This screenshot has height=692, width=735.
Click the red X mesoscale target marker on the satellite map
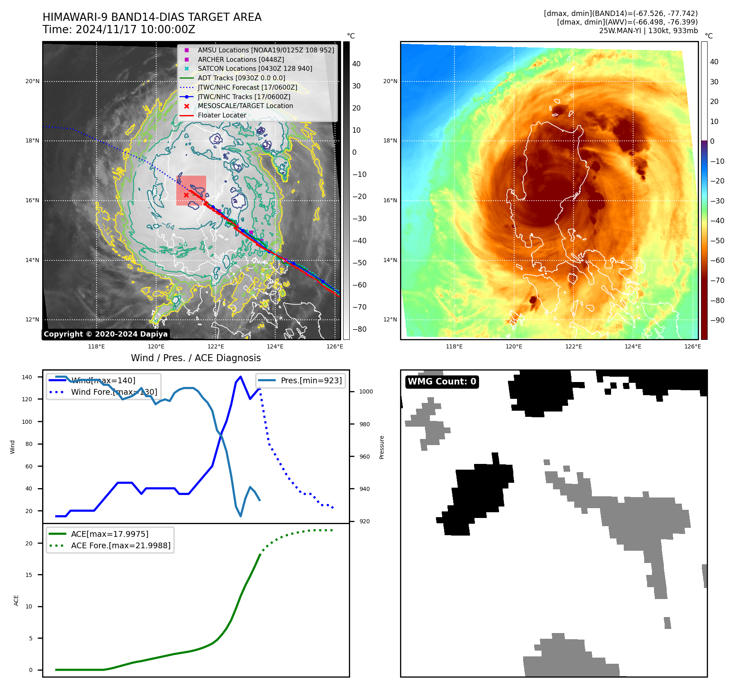186,195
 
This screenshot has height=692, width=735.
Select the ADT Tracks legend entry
241,78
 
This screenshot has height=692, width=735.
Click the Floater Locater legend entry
222,115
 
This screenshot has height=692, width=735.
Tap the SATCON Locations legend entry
254,68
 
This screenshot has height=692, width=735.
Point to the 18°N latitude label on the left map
32,141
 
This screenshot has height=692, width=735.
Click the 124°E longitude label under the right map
633,346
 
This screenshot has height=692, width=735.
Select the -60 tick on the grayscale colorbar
359,285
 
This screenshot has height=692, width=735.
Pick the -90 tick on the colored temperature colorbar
717,320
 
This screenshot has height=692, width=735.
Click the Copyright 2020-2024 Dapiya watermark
106,334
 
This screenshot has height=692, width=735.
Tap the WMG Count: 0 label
442,382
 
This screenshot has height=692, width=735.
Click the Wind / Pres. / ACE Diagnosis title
196,358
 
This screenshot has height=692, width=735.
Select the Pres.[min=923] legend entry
311,380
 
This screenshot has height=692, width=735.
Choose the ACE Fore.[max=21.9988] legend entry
121,545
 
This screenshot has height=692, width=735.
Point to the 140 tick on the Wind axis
27,377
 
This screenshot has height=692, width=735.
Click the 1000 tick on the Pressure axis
366,391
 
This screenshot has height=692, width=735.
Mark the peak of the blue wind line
241,377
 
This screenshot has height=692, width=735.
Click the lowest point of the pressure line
241,516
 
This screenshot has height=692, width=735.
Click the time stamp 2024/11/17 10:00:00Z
135,30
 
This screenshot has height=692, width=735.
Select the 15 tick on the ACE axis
29,575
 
